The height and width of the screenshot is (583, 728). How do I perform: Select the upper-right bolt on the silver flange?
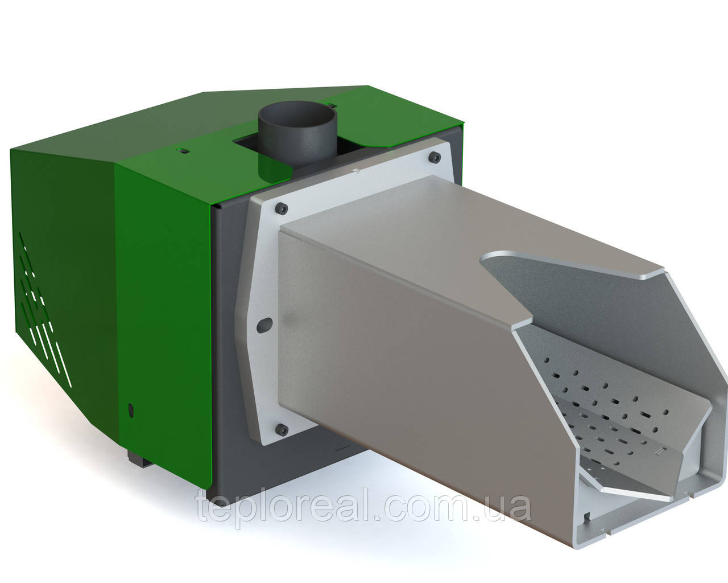click(x=435, y=157)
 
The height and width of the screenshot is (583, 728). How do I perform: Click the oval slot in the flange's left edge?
click(x=263, y=325)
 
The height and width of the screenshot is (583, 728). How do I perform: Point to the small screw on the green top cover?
click(x=182, y=151)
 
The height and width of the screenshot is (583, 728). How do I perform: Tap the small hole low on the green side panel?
click(x=132, y=409)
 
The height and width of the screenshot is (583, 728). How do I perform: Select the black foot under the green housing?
click(x=139, y=458)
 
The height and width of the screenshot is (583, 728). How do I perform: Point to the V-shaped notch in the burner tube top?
click(x=512, y=285)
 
